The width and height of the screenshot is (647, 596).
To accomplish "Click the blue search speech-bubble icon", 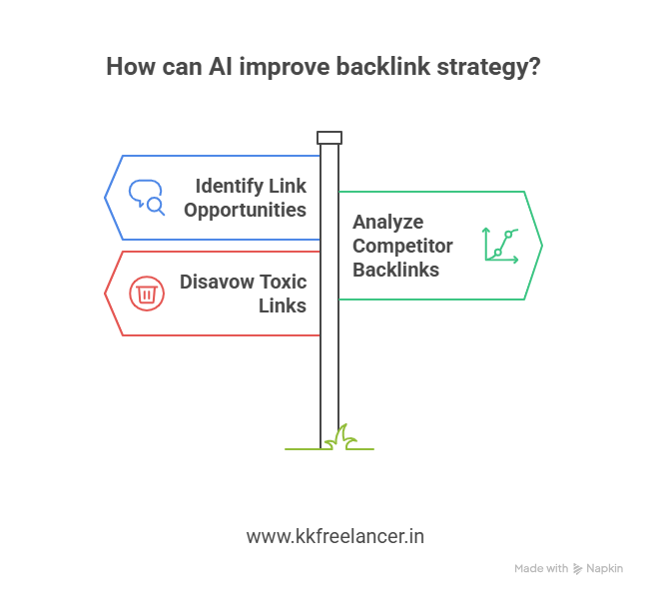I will point(146,197).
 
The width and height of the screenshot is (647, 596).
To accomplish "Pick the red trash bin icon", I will point(146,294).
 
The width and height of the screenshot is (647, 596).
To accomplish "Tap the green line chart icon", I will point(500,245).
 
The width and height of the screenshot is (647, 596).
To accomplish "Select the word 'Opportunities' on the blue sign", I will point(245,210).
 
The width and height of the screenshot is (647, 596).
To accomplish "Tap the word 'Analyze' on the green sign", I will point(387,222).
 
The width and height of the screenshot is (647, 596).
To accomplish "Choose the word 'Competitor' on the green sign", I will point(402,246).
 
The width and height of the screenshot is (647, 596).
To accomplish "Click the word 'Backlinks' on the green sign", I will point(396,270).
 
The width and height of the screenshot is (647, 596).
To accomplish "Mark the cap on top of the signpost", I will point(329,138).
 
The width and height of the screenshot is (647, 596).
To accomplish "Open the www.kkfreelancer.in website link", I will point(335,536).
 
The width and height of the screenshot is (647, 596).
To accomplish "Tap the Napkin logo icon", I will point(577,568).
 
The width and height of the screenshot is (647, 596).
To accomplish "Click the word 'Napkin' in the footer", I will point(605,568).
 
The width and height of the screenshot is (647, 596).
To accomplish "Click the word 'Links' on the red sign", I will point(282,305).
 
